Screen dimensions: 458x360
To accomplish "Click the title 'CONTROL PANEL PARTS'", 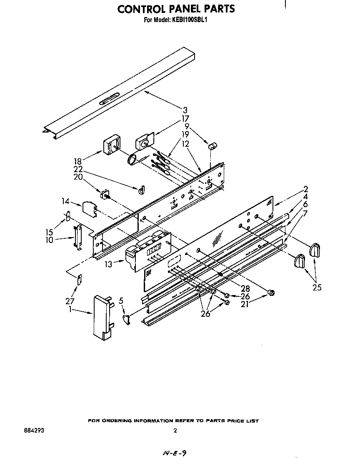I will pyautogui.click(x=176, y=9).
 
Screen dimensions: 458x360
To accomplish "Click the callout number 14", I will pyautogui.click(x=65, y=201).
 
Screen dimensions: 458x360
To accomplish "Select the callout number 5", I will pyautogui.click(x=121, y=300).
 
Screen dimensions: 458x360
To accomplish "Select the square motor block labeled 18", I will pyautogui.click(x=111, y=146).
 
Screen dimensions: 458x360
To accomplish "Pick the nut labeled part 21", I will pyautogui.click(x=271, y=293).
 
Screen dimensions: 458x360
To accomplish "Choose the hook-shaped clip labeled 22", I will pyautogui.click(x=141, y=190).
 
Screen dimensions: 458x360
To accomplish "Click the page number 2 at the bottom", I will pyautogui.click(x=175, y=431).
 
